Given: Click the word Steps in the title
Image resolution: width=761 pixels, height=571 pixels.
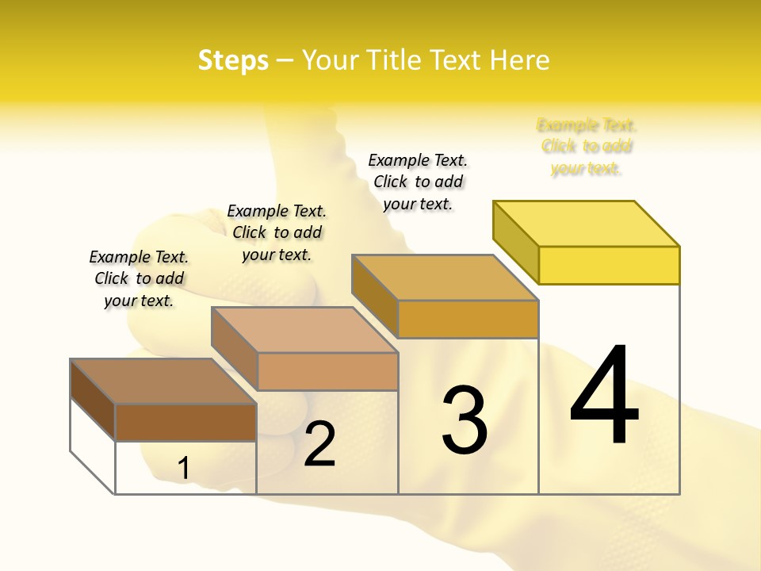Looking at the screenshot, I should pos(233,60).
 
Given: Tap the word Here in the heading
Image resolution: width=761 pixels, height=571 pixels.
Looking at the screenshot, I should pos(520,60).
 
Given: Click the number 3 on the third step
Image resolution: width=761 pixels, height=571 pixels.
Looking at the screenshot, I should pos(465,420).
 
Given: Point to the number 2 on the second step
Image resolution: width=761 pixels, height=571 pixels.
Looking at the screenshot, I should pos(319,443).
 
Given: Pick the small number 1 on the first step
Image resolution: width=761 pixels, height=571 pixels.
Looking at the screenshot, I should pos(183,469).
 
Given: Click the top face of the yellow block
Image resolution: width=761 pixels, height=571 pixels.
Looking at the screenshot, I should pos(587,224).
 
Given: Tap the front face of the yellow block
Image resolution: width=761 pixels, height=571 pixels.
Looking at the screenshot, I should pos(609,265).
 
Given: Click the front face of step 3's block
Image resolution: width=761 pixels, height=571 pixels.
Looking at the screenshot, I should pos(468,319).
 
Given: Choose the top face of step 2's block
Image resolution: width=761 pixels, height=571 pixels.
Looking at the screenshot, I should pos(304,330).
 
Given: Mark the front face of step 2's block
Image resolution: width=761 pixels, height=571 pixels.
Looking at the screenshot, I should pos(327,371).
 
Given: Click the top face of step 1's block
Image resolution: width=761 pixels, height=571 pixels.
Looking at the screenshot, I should pos(163,381).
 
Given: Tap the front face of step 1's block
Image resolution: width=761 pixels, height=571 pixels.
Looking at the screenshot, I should pos(185,422).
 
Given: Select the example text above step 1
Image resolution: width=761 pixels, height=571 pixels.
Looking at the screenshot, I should pos(139,278).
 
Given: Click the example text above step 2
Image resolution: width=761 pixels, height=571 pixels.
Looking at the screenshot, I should pos(277,232).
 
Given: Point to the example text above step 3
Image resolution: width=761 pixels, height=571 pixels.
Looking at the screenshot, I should pos(418,182).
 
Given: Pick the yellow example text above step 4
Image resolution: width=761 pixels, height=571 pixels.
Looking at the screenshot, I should pos(587,147).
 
